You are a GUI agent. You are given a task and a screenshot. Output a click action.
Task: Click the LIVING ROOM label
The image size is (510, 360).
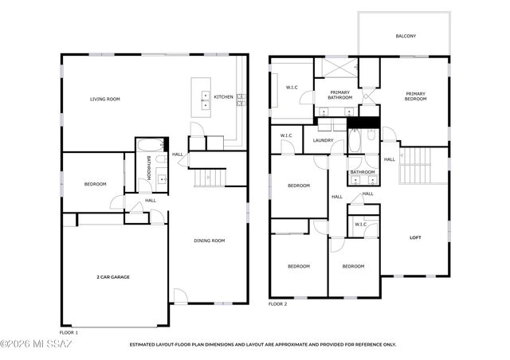point(104,99)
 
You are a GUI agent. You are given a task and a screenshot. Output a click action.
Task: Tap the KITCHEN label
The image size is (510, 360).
point(224,97)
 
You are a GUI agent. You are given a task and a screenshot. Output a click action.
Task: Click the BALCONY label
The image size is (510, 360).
point(406,36)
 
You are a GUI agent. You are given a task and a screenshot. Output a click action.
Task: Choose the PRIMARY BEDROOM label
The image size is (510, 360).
point(415,97)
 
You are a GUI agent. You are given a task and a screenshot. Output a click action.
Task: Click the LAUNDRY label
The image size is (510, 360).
point(323,141)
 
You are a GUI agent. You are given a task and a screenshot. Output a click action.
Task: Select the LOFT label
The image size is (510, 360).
point(415,237)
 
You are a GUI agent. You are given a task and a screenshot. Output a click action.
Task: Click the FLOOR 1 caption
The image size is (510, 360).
point(69,332)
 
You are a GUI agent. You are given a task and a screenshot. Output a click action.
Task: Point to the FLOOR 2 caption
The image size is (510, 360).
point(278,304)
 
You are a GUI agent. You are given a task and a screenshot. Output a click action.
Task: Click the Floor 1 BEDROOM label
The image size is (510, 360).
point(95,185)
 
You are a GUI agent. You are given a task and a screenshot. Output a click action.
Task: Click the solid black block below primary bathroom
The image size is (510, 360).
point(366,122)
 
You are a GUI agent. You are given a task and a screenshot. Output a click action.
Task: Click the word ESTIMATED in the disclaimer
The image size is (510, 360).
point(147,345)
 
